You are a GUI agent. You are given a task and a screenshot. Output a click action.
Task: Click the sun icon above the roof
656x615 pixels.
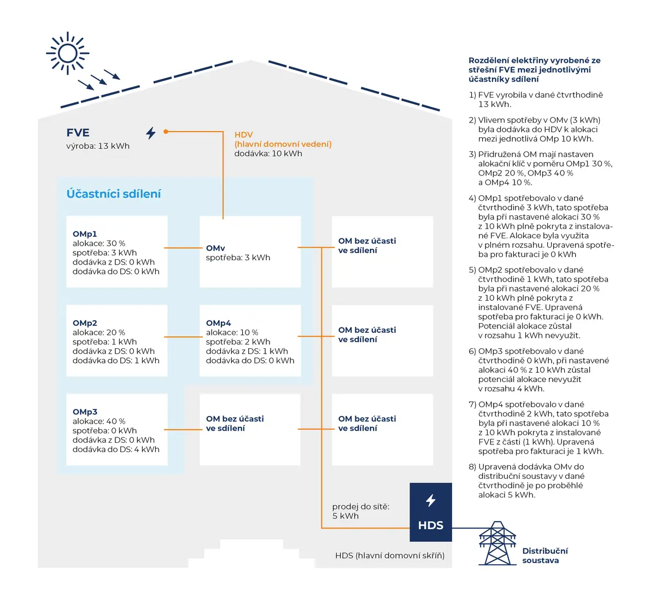click(x=68, y=53)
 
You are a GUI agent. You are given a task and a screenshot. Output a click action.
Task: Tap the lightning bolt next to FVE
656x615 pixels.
click(x=151, y=133)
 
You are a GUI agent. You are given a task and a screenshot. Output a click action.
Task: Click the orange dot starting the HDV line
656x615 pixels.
click(x=166, y=132)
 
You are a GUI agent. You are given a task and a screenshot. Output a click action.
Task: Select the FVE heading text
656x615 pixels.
click(x=78, y=132)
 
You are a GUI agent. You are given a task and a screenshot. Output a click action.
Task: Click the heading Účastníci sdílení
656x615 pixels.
click(x=114, y=194)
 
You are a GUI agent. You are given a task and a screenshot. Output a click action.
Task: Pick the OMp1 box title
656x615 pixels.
click(x=85, y=234)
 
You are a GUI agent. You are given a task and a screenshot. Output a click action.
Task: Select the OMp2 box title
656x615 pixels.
click(x=85, y=323)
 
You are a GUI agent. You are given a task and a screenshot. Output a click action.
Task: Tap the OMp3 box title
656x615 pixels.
click(x=85, y=412)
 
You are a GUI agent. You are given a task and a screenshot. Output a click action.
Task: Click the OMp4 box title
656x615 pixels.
click(x=218, y=323)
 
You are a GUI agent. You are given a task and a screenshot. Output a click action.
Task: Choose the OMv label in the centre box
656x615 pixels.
click(x=215, y=248)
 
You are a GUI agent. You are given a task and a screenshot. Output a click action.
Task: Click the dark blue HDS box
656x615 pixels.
click(x=431, y=512)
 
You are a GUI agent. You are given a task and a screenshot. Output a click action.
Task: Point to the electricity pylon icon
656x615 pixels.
click(x=497, y=543)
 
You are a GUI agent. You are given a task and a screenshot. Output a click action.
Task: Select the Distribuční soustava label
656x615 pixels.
click(x=545, y=555)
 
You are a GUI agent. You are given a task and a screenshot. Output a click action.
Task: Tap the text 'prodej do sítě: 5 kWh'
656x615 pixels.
click(x=361, y=511)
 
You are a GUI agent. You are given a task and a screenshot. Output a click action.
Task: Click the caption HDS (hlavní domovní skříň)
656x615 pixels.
click(x=390, y=555)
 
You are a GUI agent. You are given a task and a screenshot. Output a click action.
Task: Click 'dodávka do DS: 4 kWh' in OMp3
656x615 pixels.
click(x=116, y=449)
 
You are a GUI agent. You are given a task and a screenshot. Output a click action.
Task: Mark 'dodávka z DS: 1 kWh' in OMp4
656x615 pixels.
click(x=247, y=351)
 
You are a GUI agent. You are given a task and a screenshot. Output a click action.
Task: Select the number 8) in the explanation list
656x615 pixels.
click(x=472, y=467)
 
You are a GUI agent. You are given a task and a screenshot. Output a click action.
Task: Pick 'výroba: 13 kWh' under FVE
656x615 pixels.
click(x=98, y=146)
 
